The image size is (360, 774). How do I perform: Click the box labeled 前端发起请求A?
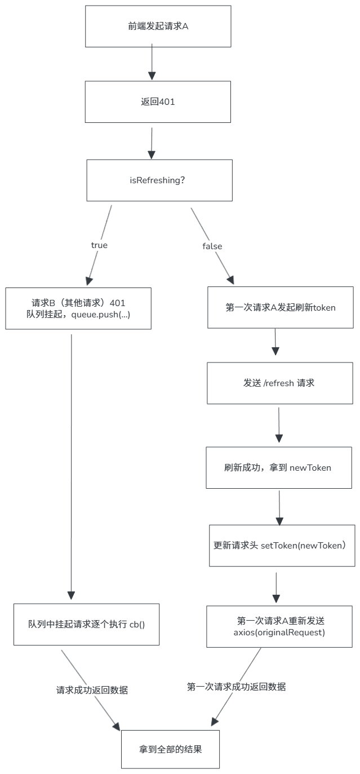[x=158, y=26]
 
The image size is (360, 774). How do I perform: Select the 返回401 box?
[x=158, y=101]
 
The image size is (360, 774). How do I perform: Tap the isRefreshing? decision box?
[x=159, y=180]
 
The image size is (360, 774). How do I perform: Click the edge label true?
[x=99, y=245]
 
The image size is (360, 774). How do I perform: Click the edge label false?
[x=212, y=246]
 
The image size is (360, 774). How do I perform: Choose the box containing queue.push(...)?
[x=78, y=308]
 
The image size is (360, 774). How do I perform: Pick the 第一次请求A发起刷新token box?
[x=281, y=308]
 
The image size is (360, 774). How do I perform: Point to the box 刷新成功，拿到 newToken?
[x=278, y=468]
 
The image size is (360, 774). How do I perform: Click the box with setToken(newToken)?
[x=282, y=546]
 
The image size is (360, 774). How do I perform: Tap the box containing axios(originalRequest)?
[x=279, y=626]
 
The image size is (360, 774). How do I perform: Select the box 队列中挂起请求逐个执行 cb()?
[x=87, y=624]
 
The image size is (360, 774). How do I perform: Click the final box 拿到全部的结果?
[x=170, y=750]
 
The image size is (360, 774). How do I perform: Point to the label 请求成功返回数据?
[x=92, y=689]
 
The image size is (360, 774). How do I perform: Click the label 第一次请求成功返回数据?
[x=236, y=687]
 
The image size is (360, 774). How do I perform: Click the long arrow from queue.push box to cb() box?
[x=71, y=462]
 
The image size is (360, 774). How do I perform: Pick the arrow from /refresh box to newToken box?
[x=279, y=425]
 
